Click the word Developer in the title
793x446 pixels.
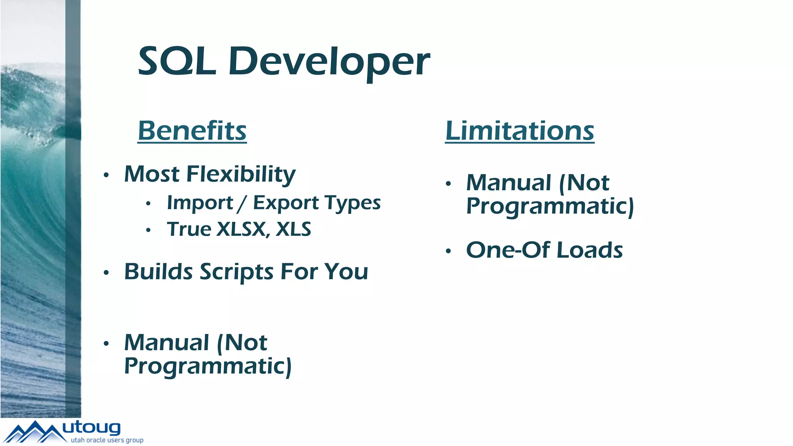point(329,62)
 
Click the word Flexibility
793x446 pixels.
point(241,174)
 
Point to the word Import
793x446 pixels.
point(200,203)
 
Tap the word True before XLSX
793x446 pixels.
point(189,229)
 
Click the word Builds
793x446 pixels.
point(158,272)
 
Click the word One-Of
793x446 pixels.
point(508,250)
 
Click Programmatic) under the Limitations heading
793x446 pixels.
point(550,206)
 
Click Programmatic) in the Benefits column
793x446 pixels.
point(208,366)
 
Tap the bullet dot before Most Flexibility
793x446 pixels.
point(106,175)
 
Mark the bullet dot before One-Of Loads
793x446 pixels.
point(448,251)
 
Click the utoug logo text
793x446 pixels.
point(91,428)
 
